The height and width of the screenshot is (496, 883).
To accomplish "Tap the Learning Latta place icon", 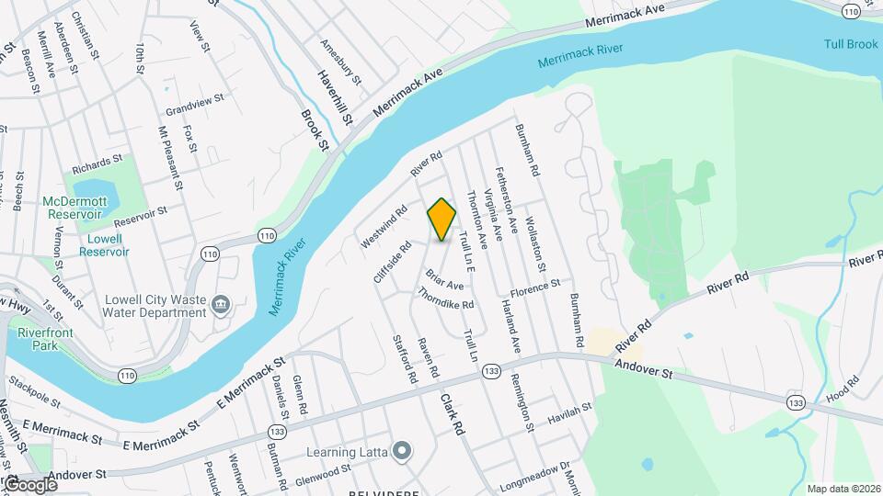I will tap(401, 450).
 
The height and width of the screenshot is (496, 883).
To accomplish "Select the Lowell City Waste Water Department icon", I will tap(221, 304).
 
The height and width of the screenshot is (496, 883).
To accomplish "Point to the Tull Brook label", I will tap(850, 45).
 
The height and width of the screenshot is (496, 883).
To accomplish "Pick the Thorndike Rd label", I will tap(446, 299).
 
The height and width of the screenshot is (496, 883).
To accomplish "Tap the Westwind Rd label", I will tap(384, 226).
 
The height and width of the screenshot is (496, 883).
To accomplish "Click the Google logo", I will tap(31, 484).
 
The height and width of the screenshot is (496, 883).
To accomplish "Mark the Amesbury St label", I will tap(339, 59).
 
